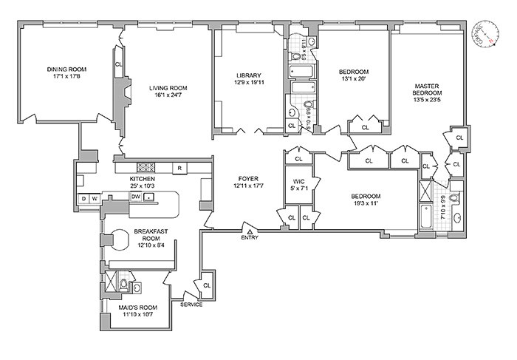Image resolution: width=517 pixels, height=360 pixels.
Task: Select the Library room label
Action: [247, 75]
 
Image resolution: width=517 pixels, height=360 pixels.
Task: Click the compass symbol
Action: [485, 33]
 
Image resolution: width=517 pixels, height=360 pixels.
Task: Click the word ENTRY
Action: [250, 237]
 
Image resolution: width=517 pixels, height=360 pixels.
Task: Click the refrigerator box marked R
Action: [178, 167]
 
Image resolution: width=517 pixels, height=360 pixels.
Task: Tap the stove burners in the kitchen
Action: [145, 167]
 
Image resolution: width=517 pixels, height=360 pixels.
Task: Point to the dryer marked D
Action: [84, 199]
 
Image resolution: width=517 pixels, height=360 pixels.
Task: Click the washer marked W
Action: [95, 199]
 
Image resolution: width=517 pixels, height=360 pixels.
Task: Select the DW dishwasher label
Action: [136, 197]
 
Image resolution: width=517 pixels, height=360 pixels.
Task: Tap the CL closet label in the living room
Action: [118, 65]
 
